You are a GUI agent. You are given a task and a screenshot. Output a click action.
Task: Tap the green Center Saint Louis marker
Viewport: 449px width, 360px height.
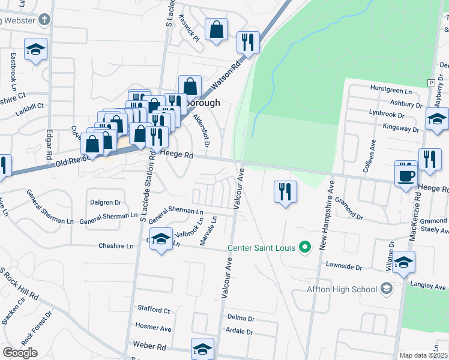305,247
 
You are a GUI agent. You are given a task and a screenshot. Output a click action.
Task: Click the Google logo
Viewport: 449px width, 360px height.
19,353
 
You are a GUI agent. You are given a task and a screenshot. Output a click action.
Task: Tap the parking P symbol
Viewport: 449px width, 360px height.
430,82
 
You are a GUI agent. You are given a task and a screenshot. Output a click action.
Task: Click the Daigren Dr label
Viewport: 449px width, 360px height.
105,203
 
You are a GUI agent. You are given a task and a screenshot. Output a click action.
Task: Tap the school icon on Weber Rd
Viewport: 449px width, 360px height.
202,349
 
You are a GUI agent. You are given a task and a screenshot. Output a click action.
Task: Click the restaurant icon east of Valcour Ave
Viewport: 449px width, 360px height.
284,192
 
